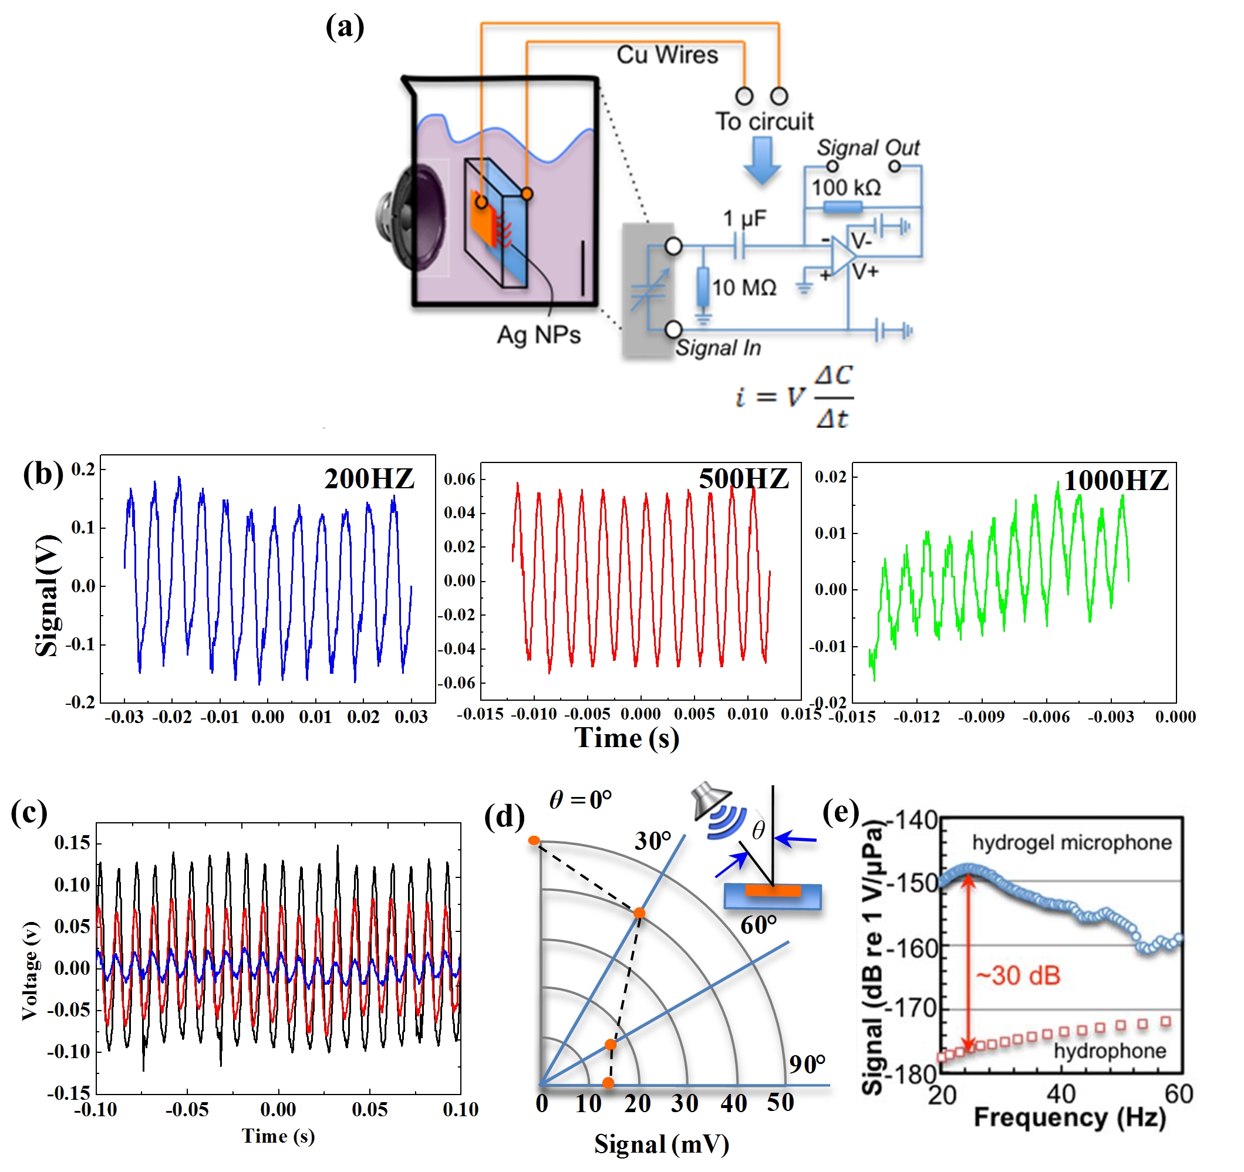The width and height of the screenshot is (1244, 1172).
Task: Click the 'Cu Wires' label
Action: click(667, 55)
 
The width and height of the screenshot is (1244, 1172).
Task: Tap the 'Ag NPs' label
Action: click(538, 335)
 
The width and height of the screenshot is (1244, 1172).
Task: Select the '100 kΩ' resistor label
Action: click(846, 187)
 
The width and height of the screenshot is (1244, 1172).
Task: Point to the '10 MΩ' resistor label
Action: click(744, 288)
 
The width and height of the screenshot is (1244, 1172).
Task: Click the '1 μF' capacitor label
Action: click(744, 218)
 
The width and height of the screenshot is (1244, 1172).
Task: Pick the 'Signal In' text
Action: click(718, 347)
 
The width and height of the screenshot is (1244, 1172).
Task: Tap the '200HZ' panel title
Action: click(369, 479)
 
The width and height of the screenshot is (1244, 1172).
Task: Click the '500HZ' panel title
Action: click(743, 479)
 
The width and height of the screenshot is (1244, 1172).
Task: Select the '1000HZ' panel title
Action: click(1115, 481)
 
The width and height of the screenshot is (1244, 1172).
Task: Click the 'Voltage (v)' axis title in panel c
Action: click(30, 970)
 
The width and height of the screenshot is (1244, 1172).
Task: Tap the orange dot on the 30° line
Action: click(639, 913)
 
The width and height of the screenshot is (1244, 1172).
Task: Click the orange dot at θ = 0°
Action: click(534, 840)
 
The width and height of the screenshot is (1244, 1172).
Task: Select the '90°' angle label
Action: click(807, 1064)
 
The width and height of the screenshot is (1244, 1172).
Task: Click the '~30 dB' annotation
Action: click(1018, 975)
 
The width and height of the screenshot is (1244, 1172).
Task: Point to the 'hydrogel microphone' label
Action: click(1071, 842)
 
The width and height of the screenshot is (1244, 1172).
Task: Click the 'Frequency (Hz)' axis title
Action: click(1070, 1118)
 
